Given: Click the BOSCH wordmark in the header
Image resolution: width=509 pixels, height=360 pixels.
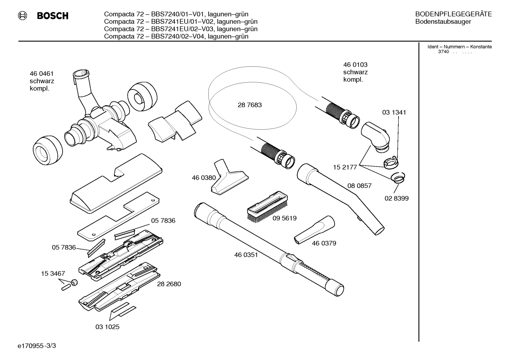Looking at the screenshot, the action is pos(53,16).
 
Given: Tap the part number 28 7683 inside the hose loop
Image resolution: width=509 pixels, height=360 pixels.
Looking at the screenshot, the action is pos(250,105).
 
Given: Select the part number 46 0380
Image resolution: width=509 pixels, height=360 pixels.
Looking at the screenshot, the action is pos(204,178).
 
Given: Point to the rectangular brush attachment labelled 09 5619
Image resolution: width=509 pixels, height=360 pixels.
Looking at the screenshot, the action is pos(267,208).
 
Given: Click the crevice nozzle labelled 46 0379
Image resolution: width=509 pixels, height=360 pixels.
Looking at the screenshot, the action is pos(315,230).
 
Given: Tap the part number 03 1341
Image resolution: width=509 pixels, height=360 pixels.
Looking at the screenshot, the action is pos(394,112).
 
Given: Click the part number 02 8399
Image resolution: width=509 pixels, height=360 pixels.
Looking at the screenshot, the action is pos(396,198).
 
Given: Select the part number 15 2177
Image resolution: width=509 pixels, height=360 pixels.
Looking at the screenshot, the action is pos(345,167).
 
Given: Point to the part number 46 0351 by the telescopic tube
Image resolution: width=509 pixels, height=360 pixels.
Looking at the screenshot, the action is pos(246,255).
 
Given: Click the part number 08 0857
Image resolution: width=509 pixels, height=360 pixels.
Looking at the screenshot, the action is pos(359,185).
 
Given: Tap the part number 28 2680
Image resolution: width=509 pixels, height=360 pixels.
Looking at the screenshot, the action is pos(169,284).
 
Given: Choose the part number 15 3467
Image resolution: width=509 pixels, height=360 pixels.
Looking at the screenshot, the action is pos(53,273).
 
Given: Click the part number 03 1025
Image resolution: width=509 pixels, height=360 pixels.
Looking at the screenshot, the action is pos(107,327).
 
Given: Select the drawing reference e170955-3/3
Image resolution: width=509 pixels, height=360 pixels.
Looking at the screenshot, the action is pos(37,346).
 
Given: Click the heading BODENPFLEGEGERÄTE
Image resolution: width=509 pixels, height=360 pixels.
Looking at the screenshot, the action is pos(454,14).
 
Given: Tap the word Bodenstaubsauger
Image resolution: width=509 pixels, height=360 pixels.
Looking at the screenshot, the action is pos(443,22).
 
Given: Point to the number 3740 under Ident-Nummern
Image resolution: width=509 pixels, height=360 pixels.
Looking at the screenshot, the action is pos(444,52).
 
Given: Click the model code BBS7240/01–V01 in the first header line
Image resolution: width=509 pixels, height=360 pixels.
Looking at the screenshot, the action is pos(178,14).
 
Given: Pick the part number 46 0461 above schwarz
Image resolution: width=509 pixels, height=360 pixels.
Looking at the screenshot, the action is pos(42,74).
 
